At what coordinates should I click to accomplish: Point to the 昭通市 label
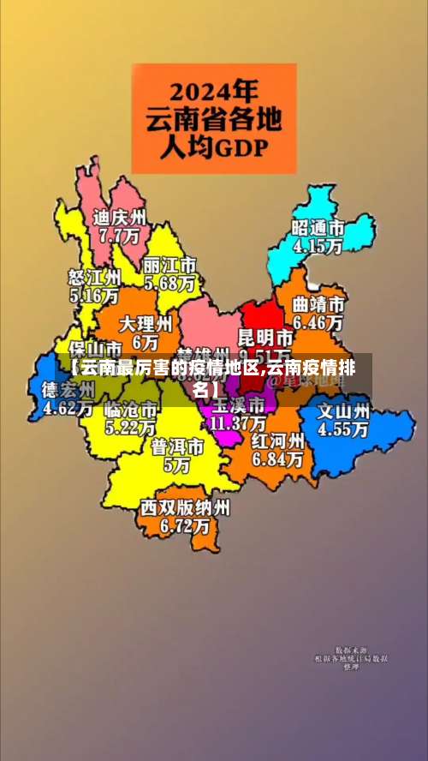[x=318, y=228]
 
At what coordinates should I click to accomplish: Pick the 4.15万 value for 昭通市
[x=318, y=245]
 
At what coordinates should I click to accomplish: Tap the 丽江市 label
[x=169, y=264]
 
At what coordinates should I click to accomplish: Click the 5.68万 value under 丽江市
[x=169, y=281]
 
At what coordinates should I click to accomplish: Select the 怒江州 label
[x=94, y=278]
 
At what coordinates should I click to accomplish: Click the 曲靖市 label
[x=318, y=305]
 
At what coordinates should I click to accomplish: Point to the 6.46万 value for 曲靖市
[x=318, y=323]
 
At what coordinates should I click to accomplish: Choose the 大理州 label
[x=146, y=324]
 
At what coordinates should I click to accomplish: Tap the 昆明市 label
[x=265, y=335]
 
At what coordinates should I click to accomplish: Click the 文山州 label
[x=344, y=410]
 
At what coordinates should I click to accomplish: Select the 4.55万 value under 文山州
[x=344, y=428]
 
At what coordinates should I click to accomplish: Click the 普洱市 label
[x=178, y=447]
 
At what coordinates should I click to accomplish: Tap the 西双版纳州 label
[x=186, y=507]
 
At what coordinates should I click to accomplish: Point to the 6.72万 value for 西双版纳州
[x=186, y=525]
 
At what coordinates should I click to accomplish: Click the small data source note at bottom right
[x=350, y=657]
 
